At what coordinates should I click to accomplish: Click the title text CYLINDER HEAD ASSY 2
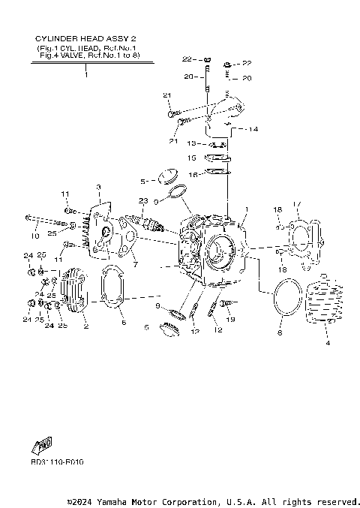tap(85, 38)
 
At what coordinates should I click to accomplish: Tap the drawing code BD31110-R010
tap(58, 461)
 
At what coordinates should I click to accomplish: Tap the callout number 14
tap(253, 129)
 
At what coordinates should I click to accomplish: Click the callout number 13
tap(192, 143)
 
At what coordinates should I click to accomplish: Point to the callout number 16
tap(192, 174)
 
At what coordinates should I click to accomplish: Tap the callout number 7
tap(135, 265)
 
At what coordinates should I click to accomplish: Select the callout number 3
tap(97, 187)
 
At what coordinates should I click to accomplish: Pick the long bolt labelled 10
tap(52, 223)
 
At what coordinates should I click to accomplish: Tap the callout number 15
tap(192, 158)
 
